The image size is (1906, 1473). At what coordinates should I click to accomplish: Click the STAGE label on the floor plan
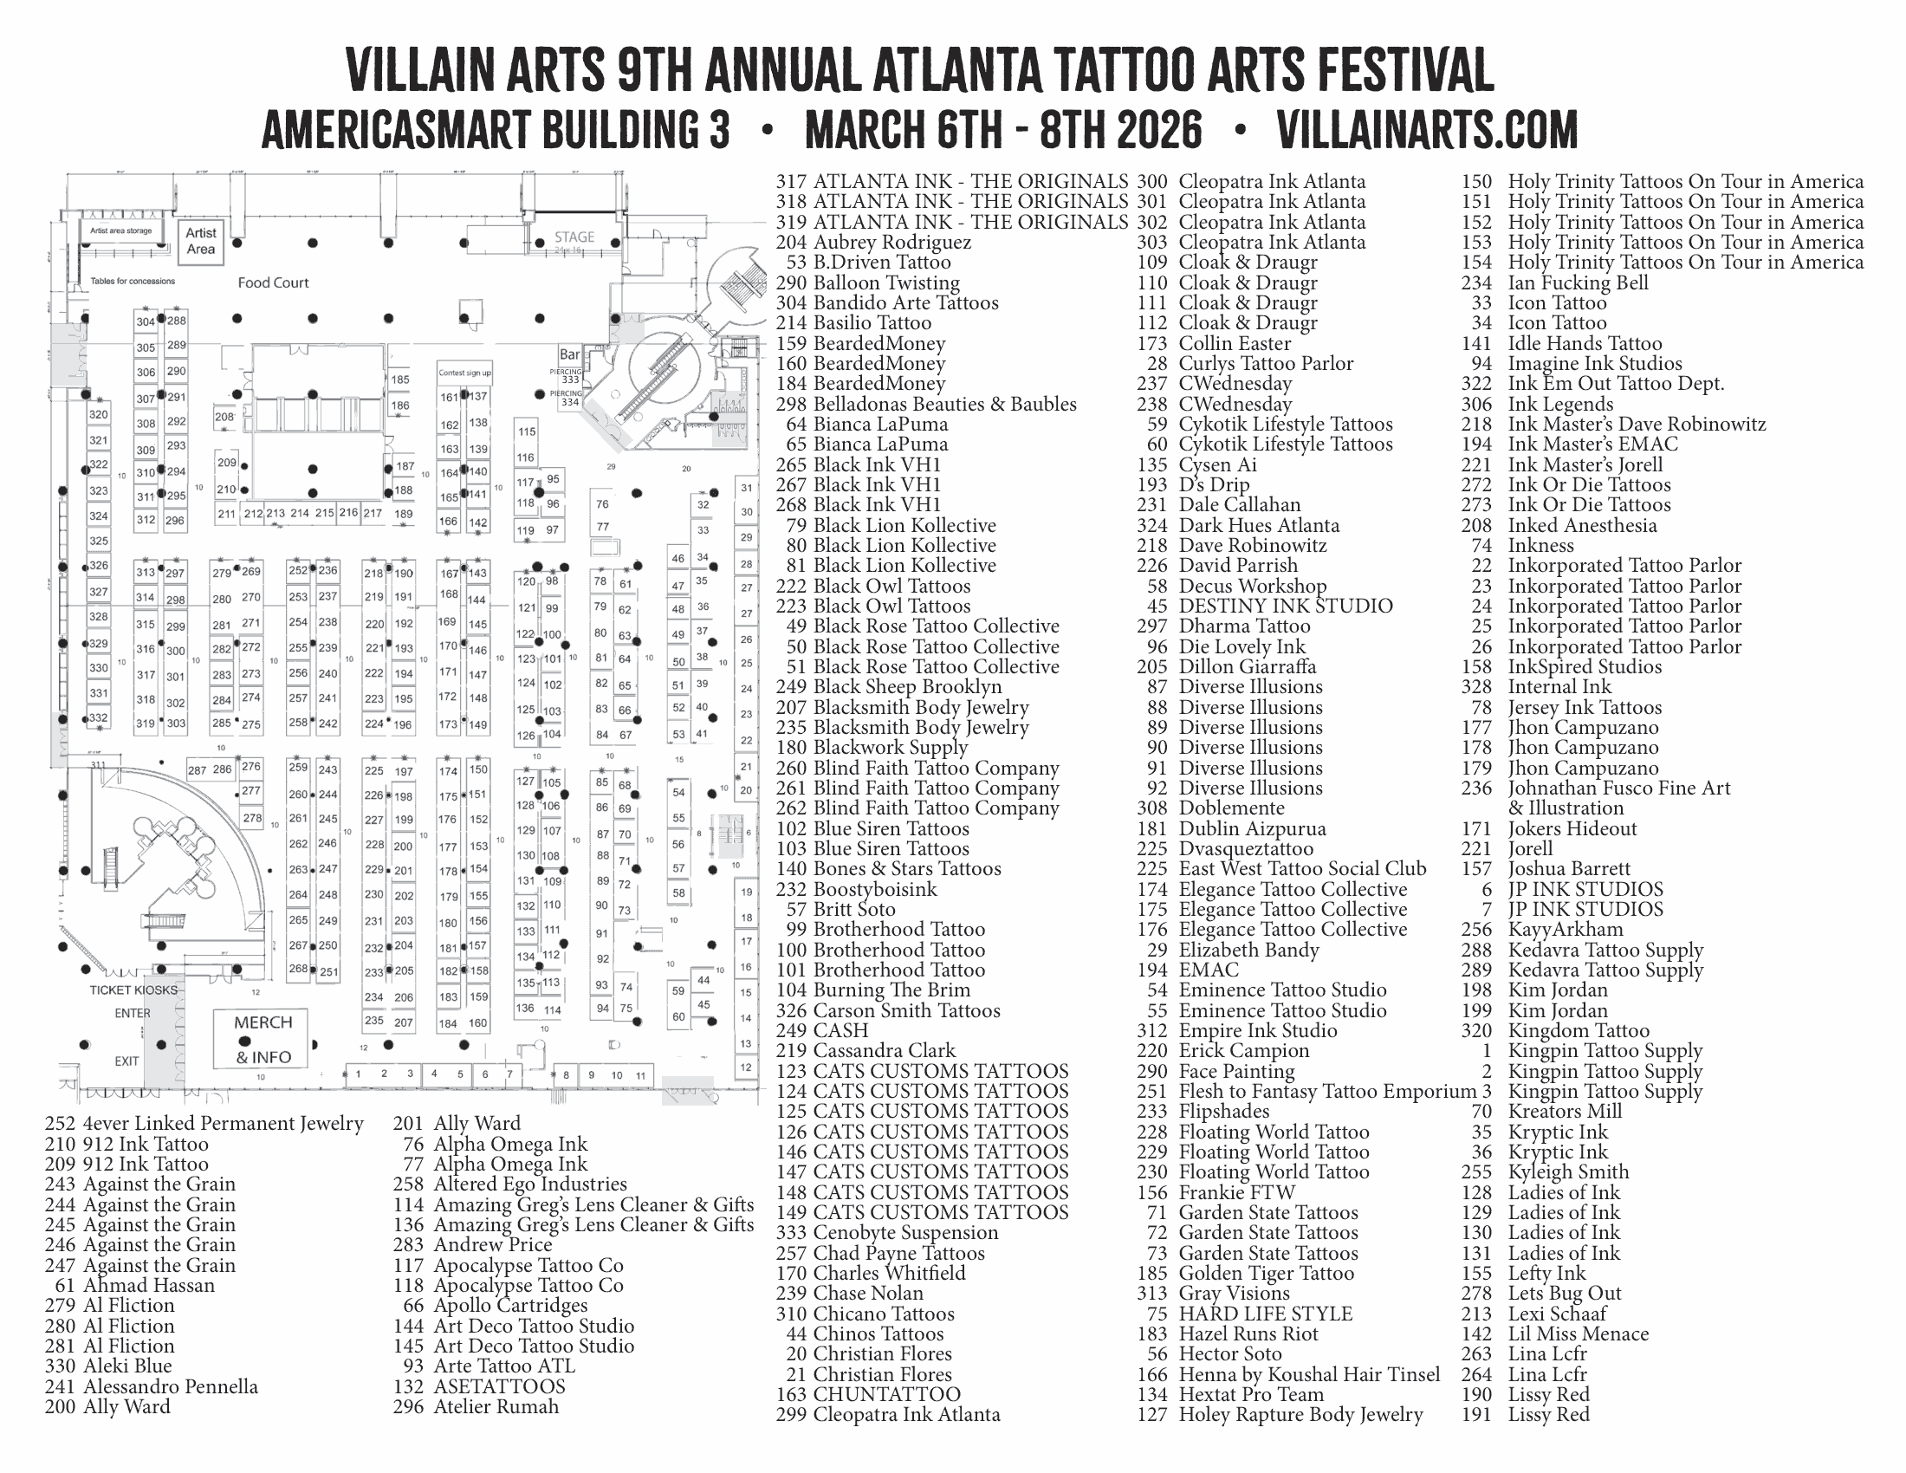(x=574, y=237)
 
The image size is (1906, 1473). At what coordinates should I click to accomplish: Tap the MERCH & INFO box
(x=262, y=1039)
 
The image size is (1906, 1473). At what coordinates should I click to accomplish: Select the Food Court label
(x=273, y=282)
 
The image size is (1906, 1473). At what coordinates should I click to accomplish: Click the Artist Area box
(x=201, y=240)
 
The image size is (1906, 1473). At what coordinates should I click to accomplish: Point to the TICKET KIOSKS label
(x=133, y=990)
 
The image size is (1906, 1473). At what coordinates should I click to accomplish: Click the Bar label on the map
(x=569, y=354)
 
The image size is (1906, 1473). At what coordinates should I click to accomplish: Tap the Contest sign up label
(x=464, y=373)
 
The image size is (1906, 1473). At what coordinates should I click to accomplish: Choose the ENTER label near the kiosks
(x=133, y=1013)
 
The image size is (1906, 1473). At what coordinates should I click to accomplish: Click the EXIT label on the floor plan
(x=126, y=1061)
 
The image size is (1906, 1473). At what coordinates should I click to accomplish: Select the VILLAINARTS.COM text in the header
(x=1426, y=130)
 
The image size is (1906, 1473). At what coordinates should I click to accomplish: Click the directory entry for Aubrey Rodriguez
(x=891, y=243)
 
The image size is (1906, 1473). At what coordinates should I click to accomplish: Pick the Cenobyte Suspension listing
(x=905, y=1233)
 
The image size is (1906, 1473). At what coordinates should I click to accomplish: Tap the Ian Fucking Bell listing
(x=1577, y=282)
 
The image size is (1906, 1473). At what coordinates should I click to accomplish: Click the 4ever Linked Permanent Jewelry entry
(x=223, y=1124)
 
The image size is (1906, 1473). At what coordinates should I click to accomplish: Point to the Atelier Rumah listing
(x=496, y=1406)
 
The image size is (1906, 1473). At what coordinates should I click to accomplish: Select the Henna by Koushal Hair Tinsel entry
(x=1308, y=1374)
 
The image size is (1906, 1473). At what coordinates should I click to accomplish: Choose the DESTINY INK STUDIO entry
(x=1285, y=607)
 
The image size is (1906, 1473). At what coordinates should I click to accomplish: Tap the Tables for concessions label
(x=133, y=282)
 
